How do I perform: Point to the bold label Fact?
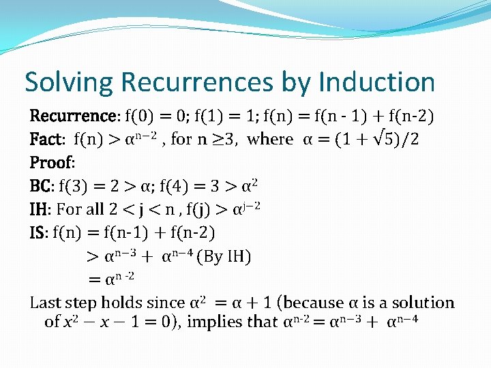click(x=46, y=140)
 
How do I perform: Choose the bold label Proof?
click(x=51, y=163)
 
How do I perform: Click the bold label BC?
click(x=42, y=186)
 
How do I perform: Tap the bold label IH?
click(x=40, y=209)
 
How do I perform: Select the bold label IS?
click(x=39, y=232)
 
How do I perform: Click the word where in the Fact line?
click(x=270, y=140)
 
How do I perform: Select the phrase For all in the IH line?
click(x=82, y=209)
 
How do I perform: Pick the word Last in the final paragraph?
click(x=46, y=303)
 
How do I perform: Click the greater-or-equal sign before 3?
click(x=222, y=140)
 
